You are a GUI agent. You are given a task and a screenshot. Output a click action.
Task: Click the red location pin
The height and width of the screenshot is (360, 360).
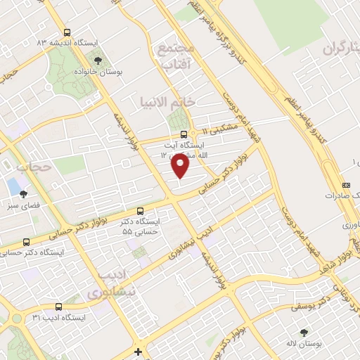181,165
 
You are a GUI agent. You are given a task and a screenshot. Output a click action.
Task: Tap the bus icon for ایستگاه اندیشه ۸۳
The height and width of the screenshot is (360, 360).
67,32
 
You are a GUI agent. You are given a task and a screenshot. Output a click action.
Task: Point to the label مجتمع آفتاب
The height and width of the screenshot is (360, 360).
175,56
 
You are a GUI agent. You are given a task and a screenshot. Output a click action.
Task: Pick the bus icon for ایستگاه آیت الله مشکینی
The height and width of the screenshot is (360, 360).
184,133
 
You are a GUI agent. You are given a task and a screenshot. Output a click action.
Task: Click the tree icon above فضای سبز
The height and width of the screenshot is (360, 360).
23,194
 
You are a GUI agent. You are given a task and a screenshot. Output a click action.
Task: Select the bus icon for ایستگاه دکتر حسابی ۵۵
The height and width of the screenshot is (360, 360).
141,210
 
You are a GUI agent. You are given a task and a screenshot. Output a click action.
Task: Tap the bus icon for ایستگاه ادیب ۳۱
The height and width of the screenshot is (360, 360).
58,307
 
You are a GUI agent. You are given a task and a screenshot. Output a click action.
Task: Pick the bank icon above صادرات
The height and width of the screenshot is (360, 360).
345,184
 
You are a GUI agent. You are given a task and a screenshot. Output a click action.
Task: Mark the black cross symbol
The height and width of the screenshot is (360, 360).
139,351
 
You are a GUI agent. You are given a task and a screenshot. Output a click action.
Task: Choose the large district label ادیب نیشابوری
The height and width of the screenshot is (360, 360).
108,281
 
